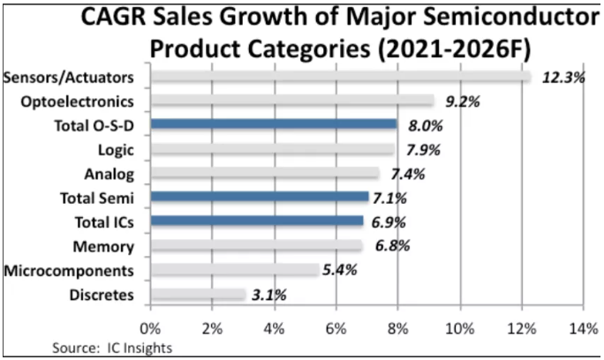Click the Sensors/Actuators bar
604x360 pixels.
[340, 77]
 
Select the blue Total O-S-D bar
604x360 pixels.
[274, 124]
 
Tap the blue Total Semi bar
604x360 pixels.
[260, 197]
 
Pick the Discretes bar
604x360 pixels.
[198, 293]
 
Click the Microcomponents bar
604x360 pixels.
[234, 269]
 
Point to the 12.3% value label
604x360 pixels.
[563, 78]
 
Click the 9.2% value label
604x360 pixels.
[462, 101]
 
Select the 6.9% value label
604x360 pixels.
[390, 221]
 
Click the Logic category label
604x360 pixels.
[117, 149]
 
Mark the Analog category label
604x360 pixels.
[110, 173]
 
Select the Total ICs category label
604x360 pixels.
[102, 221]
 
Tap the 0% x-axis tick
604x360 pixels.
[151, 329]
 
